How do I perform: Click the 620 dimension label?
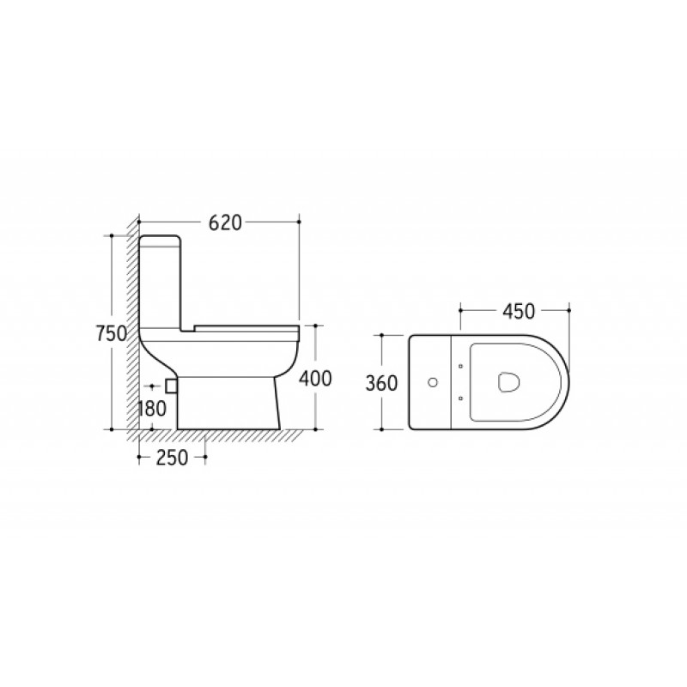pyautogui.click(x=225, y=223)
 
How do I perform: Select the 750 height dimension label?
pyautogui.click(x=112, y=334)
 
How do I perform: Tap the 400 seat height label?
pyautogui.click(x=315, y=379)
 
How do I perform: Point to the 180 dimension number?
pyautogui.click(x=152, y=410)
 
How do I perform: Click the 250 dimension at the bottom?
pyautogui.click(x=173, y=458)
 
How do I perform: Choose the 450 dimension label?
pyautogui.click(x=519, y=312)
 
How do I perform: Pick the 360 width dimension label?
pyautogui.click(x=381, y=383)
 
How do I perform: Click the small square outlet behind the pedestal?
pyautogui.click(x=171, y=386)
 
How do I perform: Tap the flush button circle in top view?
pyautogui.click(x=433, y=382)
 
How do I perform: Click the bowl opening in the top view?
pyautogui.click(x=508, y=382)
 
